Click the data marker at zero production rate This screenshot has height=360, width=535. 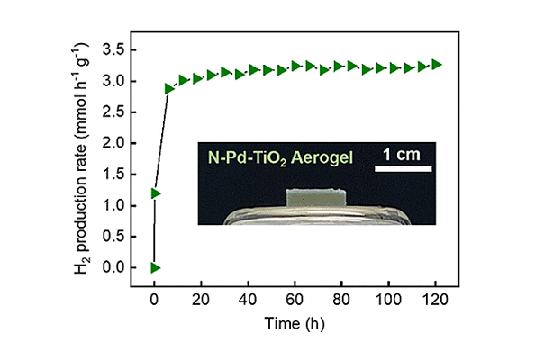155,268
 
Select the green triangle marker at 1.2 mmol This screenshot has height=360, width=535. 155,193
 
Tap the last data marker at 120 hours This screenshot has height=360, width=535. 437,65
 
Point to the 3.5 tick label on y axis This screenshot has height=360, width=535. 114,50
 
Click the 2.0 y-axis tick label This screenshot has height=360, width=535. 114,143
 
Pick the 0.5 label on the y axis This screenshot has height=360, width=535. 114,237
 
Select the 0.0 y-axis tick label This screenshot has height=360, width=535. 114,267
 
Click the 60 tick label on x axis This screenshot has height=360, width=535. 295,300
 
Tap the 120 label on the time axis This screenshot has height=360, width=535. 435,300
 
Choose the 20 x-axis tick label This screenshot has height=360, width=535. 201,300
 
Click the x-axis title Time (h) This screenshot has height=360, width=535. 295,323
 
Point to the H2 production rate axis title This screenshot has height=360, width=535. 80,158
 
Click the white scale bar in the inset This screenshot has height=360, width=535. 404,169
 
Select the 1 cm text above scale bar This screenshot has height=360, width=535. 402,155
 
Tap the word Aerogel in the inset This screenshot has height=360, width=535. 322,157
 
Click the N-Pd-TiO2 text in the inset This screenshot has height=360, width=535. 248,158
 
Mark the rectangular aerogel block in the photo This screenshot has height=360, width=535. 316,198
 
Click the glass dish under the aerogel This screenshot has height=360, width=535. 317,215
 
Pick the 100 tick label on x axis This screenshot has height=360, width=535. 388,300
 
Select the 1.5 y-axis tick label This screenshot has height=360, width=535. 114,175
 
